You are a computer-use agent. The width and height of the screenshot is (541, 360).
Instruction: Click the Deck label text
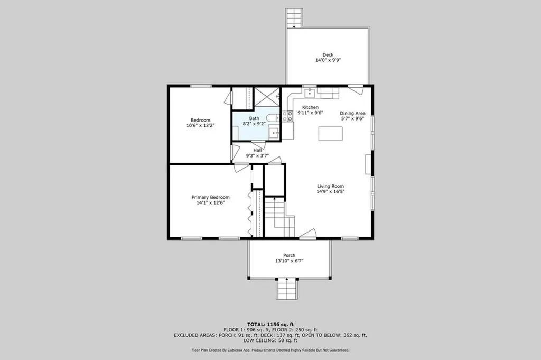point(328,54)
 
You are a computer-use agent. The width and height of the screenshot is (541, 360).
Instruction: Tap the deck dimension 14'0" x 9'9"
point(328,60)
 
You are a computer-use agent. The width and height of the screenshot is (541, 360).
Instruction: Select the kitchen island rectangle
point(330,134)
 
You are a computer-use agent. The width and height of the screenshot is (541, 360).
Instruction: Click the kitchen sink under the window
point(310,94)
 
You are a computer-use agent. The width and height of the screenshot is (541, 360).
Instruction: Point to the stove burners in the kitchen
point(288,116)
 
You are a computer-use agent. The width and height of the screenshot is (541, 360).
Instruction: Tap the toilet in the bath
point(272,117)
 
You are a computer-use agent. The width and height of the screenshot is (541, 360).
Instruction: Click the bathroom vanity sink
point(274,133)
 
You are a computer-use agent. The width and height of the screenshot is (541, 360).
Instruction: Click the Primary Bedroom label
point(210,197)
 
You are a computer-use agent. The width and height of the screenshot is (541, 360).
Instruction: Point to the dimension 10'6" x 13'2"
point(201,126)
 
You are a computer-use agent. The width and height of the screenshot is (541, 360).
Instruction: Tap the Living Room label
point(331,186)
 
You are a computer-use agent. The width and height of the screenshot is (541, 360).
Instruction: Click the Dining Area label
point(352,113)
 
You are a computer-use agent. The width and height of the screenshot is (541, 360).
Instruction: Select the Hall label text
point(257,150)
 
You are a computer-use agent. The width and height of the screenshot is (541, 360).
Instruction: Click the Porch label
point(289,255)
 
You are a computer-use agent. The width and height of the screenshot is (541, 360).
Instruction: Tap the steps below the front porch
point(289,289)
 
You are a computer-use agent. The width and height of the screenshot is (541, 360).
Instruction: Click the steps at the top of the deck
point(293,18)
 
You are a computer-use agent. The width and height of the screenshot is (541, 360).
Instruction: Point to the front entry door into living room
point(307,234)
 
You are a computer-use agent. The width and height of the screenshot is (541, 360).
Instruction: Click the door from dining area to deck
point(356,89)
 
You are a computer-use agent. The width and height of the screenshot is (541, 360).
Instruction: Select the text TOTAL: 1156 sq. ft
point(270,324)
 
